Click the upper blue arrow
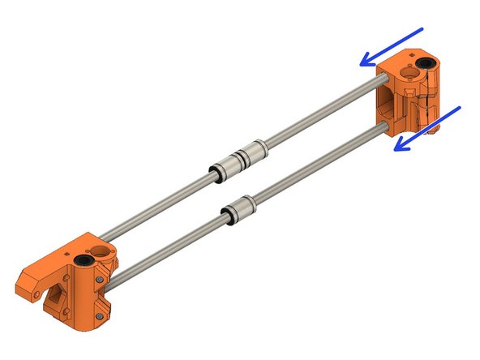coord(392,46)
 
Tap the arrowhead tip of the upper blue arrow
coord(362,63)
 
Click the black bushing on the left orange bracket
coord(84,262)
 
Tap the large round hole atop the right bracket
coord(405,73)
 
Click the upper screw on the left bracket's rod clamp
coord(99,281)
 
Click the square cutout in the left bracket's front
coord(58,304)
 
